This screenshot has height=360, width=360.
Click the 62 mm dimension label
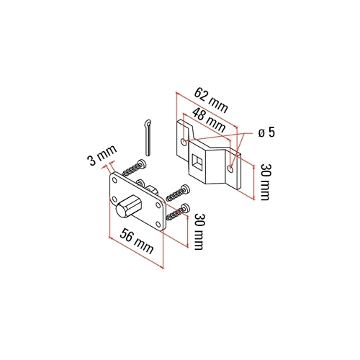(x=210, y=101)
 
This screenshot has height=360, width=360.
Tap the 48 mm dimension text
(x=209, y=120)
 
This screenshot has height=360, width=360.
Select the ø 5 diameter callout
(x=266, y=132)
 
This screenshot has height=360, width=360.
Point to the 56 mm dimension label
(x=137, y=241)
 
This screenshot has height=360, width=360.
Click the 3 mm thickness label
(x=102, y=156)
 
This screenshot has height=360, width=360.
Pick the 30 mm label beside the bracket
(x=265, y=181)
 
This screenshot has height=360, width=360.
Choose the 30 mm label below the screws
(x=199, y=231)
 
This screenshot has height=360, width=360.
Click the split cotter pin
(x=148, y=138)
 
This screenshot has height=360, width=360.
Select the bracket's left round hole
(x=184, y=142)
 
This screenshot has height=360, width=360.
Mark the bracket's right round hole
(x=230, y=169)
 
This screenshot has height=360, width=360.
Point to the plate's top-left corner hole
(x=114, y=180)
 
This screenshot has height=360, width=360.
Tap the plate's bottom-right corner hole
(x=158, y=225)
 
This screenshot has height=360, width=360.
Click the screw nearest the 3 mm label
(x=135, y=168)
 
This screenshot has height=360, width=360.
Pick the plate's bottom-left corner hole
(x=114, y=199)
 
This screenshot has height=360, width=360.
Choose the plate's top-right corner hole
(x=158, y=205)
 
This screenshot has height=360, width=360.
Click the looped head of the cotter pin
(x=148, y=124)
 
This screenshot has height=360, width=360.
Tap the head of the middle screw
(x=186, y=189)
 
